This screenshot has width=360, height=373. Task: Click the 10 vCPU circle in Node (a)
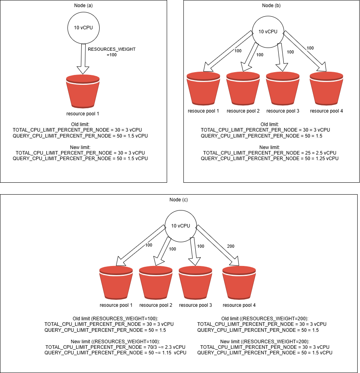(83, 28)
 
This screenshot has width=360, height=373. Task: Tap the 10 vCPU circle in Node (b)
(268, 31)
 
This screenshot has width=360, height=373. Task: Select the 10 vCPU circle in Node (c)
(180, 226)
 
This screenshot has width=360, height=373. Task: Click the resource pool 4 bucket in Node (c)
(239, 283)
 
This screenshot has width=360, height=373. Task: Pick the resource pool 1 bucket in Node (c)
(116, 283)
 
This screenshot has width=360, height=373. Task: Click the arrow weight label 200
(231, 246)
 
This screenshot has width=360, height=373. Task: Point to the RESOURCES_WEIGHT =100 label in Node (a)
(112, 52)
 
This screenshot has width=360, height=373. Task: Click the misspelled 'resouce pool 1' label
(203, 111)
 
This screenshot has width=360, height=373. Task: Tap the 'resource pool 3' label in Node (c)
(195, 305)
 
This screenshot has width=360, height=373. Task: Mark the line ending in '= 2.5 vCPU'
(270, 153)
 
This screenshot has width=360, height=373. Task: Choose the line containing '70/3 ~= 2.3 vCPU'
(115, 347)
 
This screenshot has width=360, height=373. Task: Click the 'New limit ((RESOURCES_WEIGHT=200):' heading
(264, 341)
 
